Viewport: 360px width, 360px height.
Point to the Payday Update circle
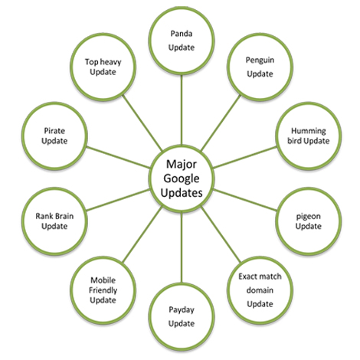(183, 315)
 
